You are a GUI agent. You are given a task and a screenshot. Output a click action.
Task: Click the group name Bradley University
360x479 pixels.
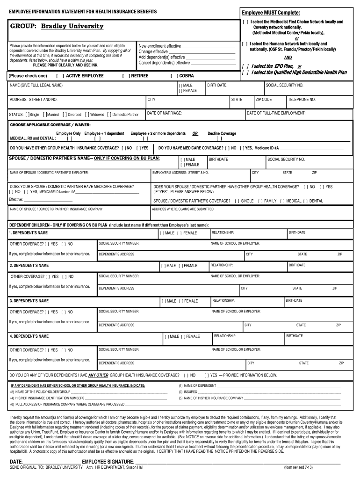tap(72, 27)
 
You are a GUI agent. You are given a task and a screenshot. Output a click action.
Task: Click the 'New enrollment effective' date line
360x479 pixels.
tap(208, 46)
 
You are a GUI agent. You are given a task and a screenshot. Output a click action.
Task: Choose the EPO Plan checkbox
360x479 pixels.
tap(245, 66)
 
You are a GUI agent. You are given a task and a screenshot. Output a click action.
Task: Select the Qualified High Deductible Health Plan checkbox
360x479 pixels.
tap(245, 73)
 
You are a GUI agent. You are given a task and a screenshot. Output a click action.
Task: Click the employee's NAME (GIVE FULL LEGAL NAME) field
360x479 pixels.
tap(89, 91)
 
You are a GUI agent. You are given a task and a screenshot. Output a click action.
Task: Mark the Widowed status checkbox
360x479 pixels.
tap(87, 115)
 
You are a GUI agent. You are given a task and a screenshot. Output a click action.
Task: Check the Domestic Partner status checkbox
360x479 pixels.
tap(109, 115)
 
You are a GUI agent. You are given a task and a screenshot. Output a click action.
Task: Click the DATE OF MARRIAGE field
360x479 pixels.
tap(194, 116)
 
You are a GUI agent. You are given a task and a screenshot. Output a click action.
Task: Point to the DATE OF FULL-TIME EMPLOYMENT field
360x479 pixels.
tap(299, 116)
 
